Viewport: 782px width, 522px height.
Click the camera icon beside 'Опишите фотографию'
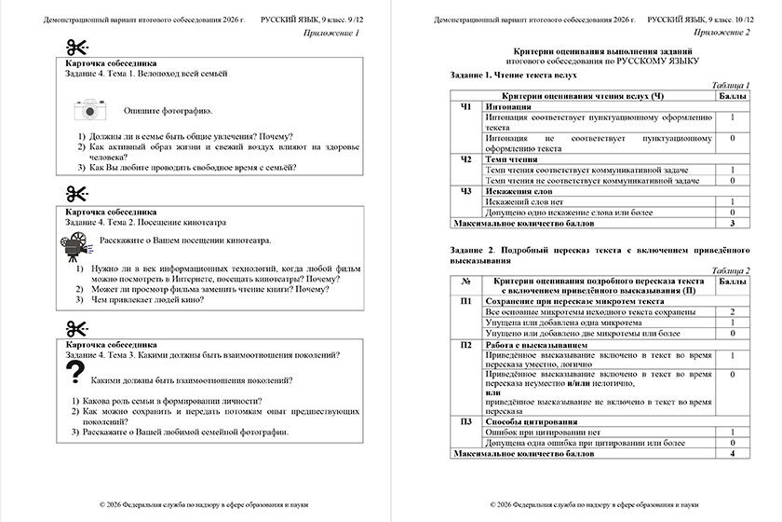pyautogui.click(x=92, y=110)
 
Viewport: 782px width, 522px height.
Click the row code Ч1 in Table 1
pyautogui.click(x=466, y=107)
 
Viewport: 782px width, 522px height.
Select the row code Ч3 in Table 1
pyautogui.click(x=466, y=190)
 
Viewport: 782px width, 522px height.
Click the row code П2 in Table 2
pyautogui.click(x=466, y=345)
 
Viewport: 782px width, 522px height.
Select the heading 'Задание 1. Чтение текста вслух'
pyautogui.click(x=513, y=75)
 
